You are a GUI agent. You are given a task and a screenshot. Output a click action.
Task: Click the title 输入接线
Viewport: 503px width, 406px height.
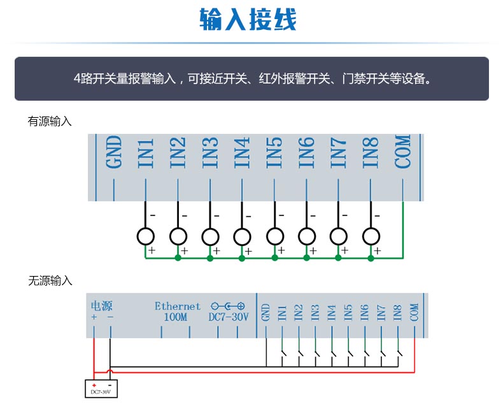coord(248,19)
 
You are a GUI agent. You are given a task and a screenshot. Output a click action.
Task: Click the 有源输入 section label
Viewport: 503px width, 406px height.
coord(50,121)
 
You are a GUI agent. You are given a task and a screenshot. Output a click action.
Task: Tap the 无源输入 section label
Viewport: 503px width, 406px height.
coord(50,280)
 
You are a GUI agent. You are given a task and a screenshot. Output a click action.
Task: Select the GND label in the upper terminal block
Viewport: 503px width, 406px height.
coord(114,152)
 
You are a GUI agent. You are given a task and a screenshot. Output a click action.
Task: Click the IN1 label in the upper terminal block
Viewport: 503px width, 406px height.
coord(146,153)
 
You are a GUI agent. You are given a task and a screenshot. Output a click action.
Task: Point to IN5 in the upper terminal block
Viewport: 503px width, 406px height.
coord(274,152)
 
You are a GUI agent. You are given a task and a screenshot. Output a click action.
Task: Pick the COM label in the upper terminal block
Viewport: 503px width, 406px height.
coord(402,152)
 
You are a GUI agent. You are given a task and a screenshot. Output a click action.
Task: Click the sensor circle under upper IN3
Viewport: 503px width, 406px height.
coord(210,236)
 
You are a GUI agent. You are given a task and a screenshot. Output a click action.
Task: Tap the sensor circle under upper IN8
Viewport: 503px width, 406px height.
coord(371,236)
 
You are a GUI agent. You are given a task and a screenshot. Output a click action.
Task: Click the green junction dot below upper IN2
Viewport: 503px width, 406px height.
coord(178,257)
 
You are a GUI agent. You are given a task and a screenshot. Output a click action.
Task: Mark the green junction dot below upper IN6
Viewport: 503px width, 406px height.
coord(307,257)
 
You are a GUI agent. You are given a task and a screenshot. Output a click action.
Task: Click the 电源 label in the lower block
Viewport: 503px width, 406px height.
coord(102,306)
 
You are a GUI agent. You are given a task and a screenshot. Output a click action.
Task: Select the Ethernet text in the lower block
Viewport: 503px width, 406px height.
coord(178,306)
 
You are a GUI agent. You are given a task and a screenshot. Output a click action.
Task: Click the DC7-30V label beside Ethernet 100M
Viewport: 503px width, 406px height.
coord(229,317)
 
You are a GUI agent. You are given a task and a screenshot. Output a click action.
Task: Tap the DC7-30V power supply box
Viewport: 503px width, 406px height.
coord(101,389)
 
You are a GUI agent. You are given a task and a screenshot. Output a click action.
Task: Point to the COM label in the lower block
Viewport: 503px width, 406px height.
coord(414,312)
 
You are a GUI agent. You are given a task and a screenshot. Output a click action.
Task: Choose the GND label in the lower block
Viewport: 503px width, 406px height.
coord(266,312)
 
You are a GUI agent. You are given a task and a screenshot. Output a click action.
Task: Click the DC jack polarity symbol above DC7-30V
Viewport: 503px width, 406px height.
coord(228,306)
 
